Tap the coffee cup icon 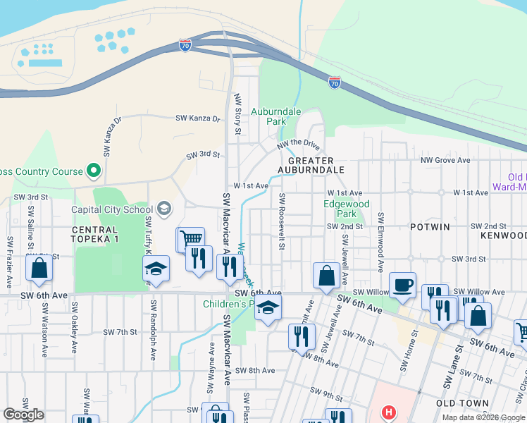[x=402, y=285]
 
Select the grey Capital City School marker [x=164, y=208]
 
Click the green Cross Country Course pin [x=92, y=171]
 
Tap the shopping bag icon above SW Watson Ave [x=39, y=269]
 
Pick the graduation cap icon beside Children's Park [x=267, y=308]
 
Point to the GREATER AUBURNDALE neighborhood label [x=311, y=165]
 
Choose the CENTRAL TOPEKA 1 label [x=94, y=235]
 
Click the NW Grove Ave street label [x=445, y=161]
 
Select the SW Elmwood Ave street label [x=380, y=242]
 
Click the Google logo [x=23, y=415]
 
